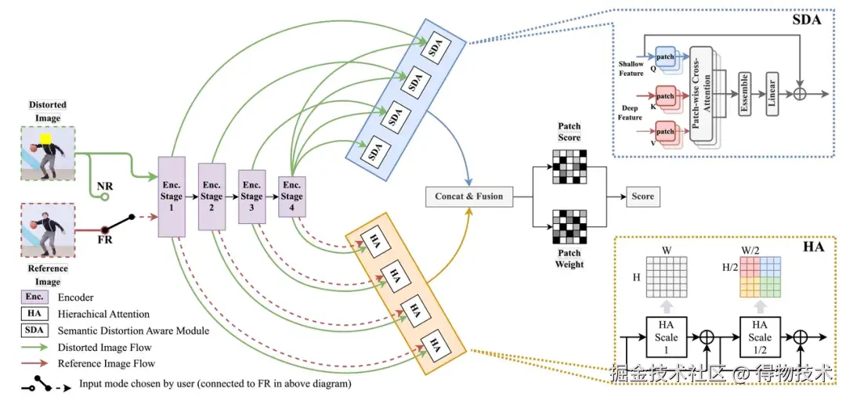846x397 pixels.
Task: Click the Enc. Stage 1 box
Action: click(171, 197)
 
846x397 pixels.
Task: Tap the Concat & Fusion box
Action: click(468, 197)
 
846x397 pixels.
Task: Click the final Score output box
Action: click(642, 197)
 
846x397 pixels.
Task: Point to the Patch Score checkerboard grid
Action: click(569, 165)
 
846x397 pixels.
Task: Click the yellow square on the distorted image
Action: click(45, 142)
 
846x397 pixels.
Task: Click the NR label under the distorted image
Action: click(104, 188)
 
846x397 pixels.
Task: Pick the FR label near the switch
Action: click(104, 240)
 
